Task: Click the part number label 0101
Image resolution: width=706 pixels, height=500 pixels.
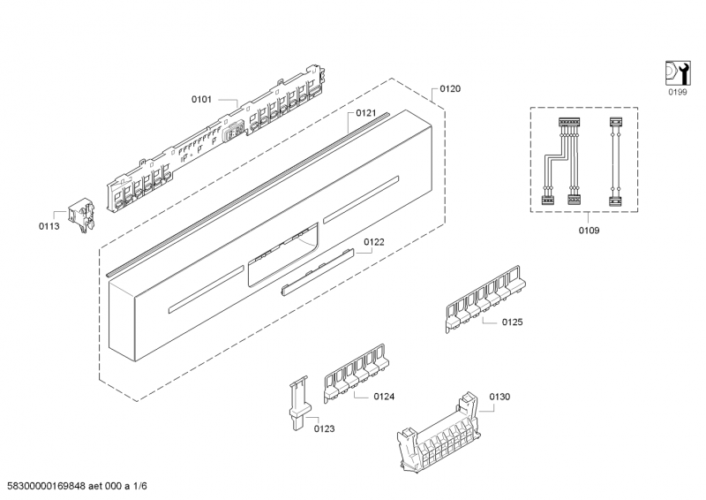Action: click(202, 100)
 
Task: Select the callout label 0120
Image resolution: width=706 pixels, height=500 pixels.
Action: click(450, 89)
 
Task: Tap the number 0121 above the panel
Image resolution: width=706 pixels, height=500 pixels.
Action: click(366, 113)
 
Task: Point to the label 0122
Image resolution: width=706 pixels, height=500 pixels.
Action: click(374, 239)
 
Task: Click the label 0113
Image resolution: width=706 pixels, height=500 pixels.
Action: click(49, 226)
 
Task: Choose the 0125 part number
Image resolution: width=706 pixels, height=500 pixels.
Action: click(513, 322)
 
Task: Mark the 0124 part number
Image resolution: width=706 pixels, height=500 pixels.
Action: click(383, 397)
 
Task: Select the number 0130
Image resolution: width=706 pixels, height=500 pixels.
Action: click(499, 397)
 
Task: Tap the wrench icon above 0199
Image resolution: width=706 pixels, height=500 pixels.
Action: click(675, 72)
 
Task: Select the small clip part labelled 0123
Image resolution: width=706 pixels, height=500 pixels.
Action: click(297, 403)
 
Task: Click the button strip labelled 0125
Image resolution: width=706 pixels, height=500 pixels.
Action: click(484, 300)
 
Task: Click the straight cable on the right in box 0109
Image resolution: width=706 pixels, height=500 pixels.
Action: click(616, 161)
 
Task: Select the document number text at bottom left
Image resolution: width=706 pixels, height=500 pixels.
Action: click(76, 486)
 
